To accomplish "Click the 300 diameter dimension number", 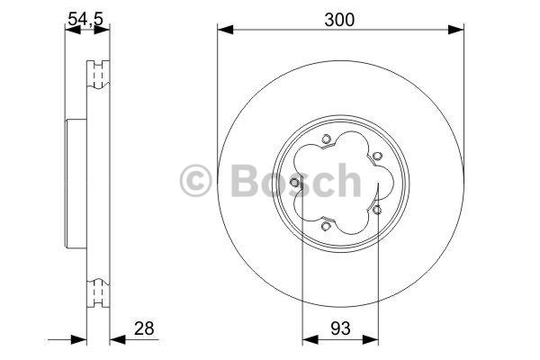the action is tap(339, 20).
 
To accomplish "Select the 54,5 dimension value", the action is tap(85, 19).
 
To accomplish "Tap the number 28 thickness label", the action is tap(144, 328).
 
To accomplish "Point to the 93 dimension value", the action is tap(340, 328).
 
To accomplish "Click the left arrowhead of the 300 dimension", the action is tap(225, 30).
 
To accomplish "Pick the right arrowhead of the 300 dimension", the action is tap(455, 30).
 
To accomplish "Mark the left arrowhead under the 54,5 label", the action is tap(73, 30).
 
